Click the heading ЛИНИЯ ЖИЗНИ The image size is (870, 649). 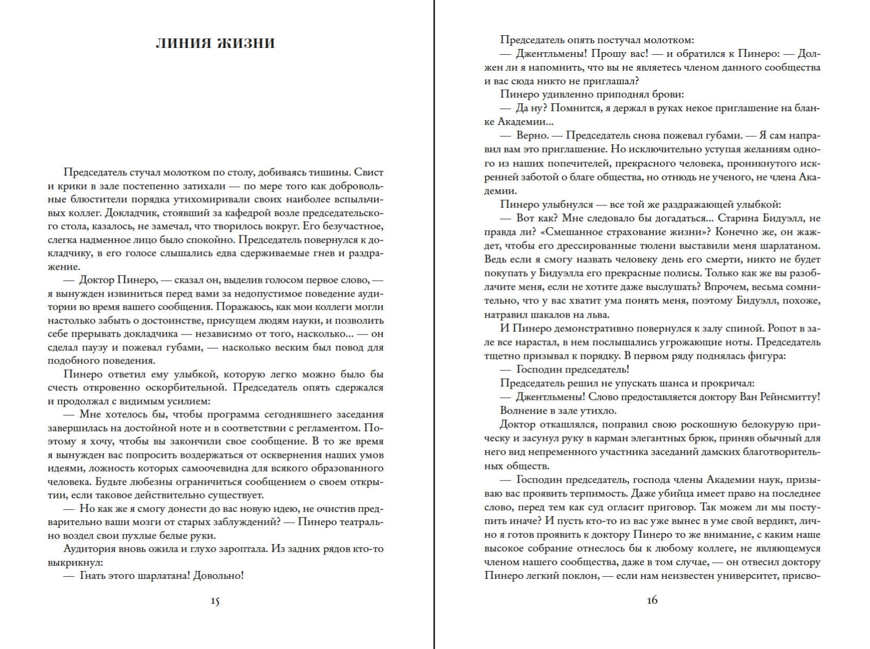click(215, 43)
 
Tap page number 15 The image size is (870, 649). click(215, 600)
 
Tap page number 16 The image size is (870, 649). click(652, 600)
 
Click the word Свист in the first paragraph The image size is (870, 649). click(369, 172)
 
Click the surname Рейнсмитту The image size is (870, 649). click(789, 397)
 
